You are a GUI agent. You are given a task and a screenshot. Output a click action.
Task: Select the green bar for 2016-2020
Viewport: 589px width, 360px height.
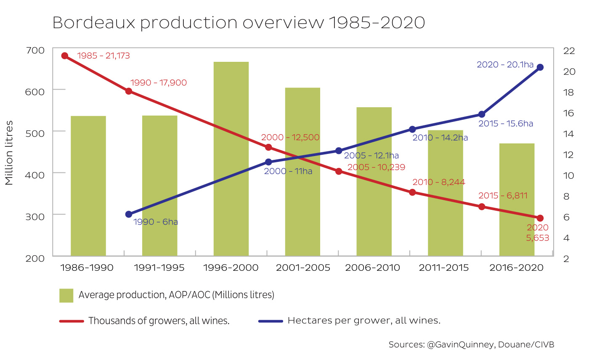click(517, 199)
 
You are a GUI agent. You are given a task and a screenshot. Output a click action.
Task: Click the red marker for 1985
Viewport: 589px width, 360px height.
click(65, 56)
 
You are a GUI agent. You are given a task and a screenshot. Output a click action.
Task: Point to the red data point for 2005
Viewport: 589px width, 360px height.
click(339, 171)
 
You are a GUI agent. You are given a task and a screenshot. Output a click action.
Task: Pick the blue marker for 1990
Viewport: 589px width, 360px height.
click(129, 214)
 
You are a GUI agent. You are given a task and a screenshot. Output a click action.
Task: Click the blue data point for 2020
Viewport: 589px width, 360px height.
click(540, 67)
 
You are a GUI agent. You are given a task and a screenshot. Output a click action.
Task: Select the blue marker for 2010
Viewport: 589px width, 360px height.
click(412, 129)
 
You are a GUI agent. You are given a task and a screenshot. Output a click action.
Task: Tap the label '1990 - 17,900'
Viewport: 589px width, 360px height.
click(159, 83)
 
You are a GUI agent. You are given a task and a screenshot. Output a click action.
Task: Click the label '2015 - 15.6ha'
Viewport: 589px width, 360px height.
click(506, 124)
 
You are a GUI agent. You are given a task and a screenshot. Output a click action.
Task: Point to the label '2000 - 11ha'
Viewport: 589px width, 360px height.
click(288, 172)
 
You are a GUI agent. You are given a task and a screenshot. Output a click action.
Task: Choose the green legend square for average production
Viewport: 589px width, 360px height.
click(66, 295)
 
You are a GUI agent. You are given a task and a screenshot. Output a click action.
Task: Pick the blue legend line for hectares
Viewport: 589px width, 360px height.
click(270, 321)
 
